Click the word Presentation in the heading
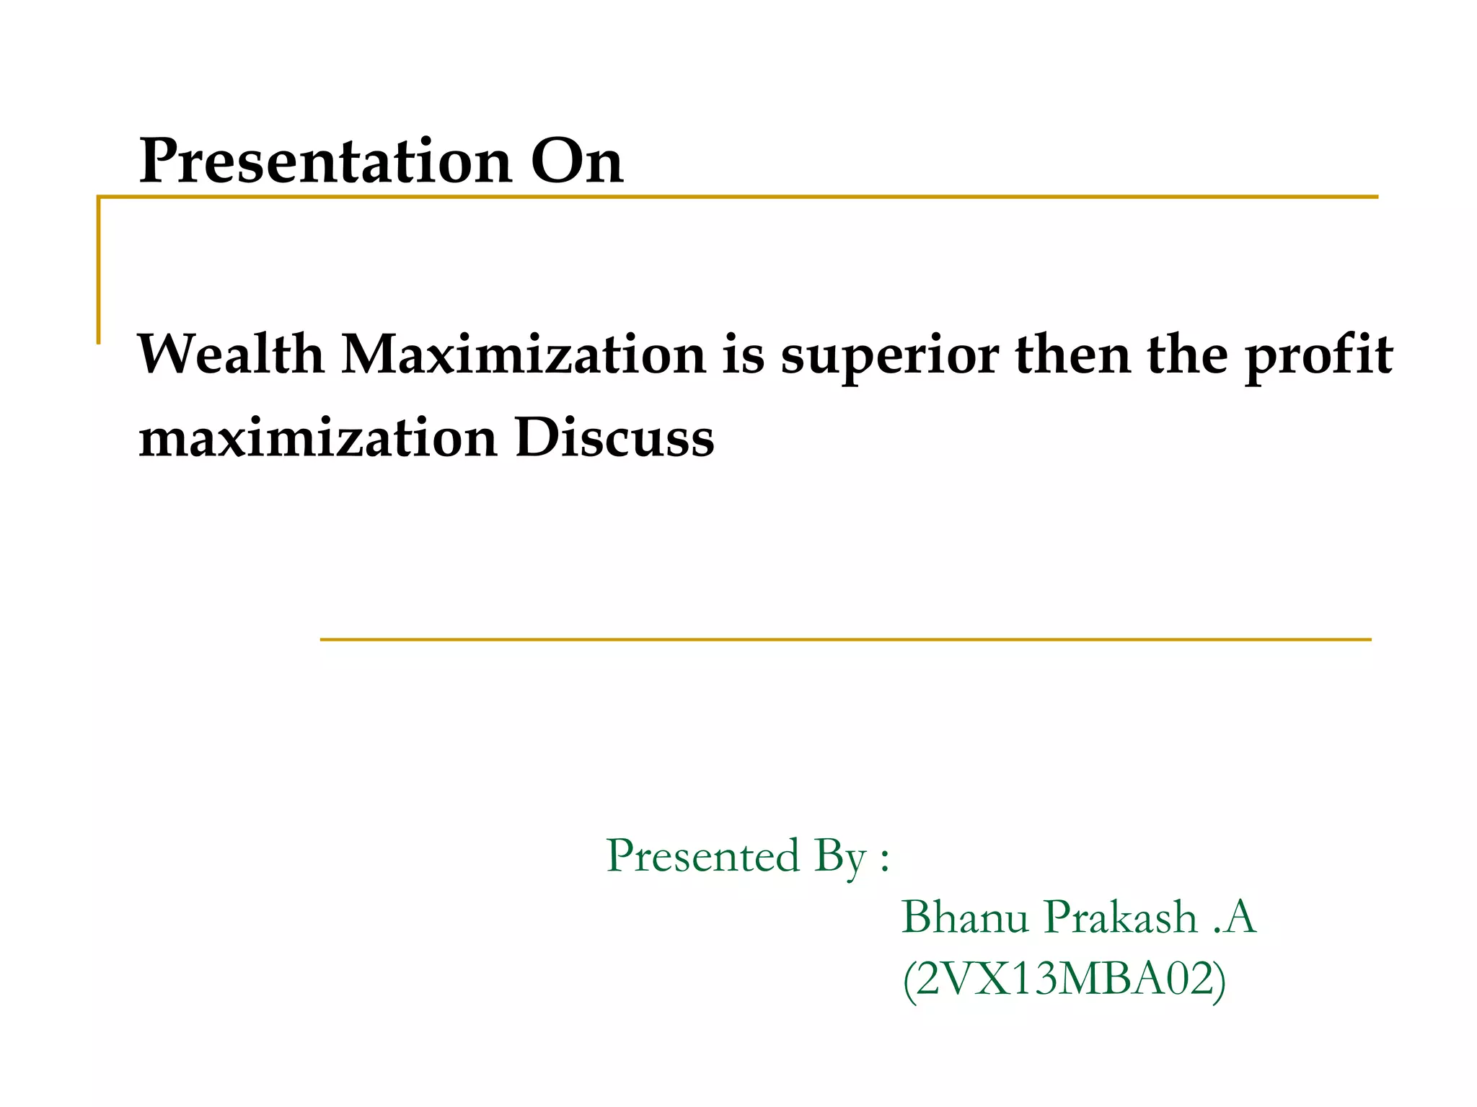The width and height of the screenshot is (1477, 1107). point(325,161)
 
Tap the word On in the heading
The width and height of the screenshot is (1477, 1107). point(576,161)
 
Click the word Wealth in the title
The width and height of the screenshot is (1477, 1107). point(230,354)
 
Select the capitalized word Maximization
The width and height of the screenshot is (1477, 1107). point(523,354)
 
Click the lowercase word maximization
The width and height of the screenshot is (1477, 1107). point(317,437)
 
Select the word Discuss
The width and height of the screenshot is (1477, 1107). point(614,437)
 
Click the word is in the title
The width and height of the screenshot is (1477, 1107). point(743,354)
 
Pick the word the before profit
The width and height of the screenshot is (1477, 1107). point(1187,354)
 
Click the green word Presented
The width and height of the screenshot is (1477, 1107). point(702,855)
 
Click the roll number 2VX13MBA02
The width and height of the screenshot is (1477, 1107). point(1064,979)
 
